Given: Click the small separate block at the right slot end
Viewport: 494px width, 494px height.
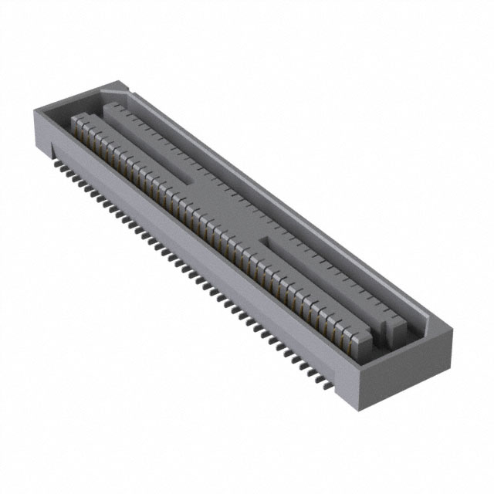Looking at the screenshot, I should (x=394, y=331).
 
